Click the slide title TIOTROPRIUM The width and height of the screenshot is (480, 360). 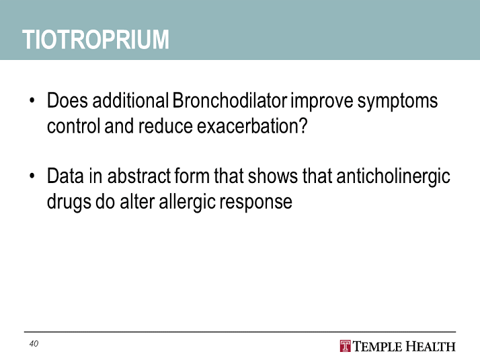pos(95,40)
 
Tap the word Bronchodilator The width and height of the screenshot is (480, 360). pos(230,100)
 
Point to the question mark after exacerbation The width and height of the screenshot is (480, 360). pos(304,126)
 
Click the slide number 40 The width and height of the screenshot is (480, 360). pos(34,344)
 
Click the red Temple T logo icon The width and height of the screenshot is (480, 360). pos(345,346)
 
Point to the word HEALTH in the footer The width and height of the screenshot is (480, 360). pos(431,347)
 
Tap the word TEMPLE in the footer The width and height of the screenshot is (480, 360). pos(377,347)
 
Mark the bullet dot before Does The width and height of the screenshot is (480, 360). pos(32,100)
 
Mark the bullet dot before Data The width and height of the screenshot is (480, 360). pos(32,176)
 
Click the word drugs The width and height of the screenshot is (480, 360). pos(69,203)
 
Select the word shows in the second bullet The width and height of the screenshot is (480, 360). pos(273,176)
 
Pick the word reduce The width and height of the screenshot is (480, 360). pos(165,126)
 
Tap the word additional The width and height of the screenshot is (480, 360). pos(130,100)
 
